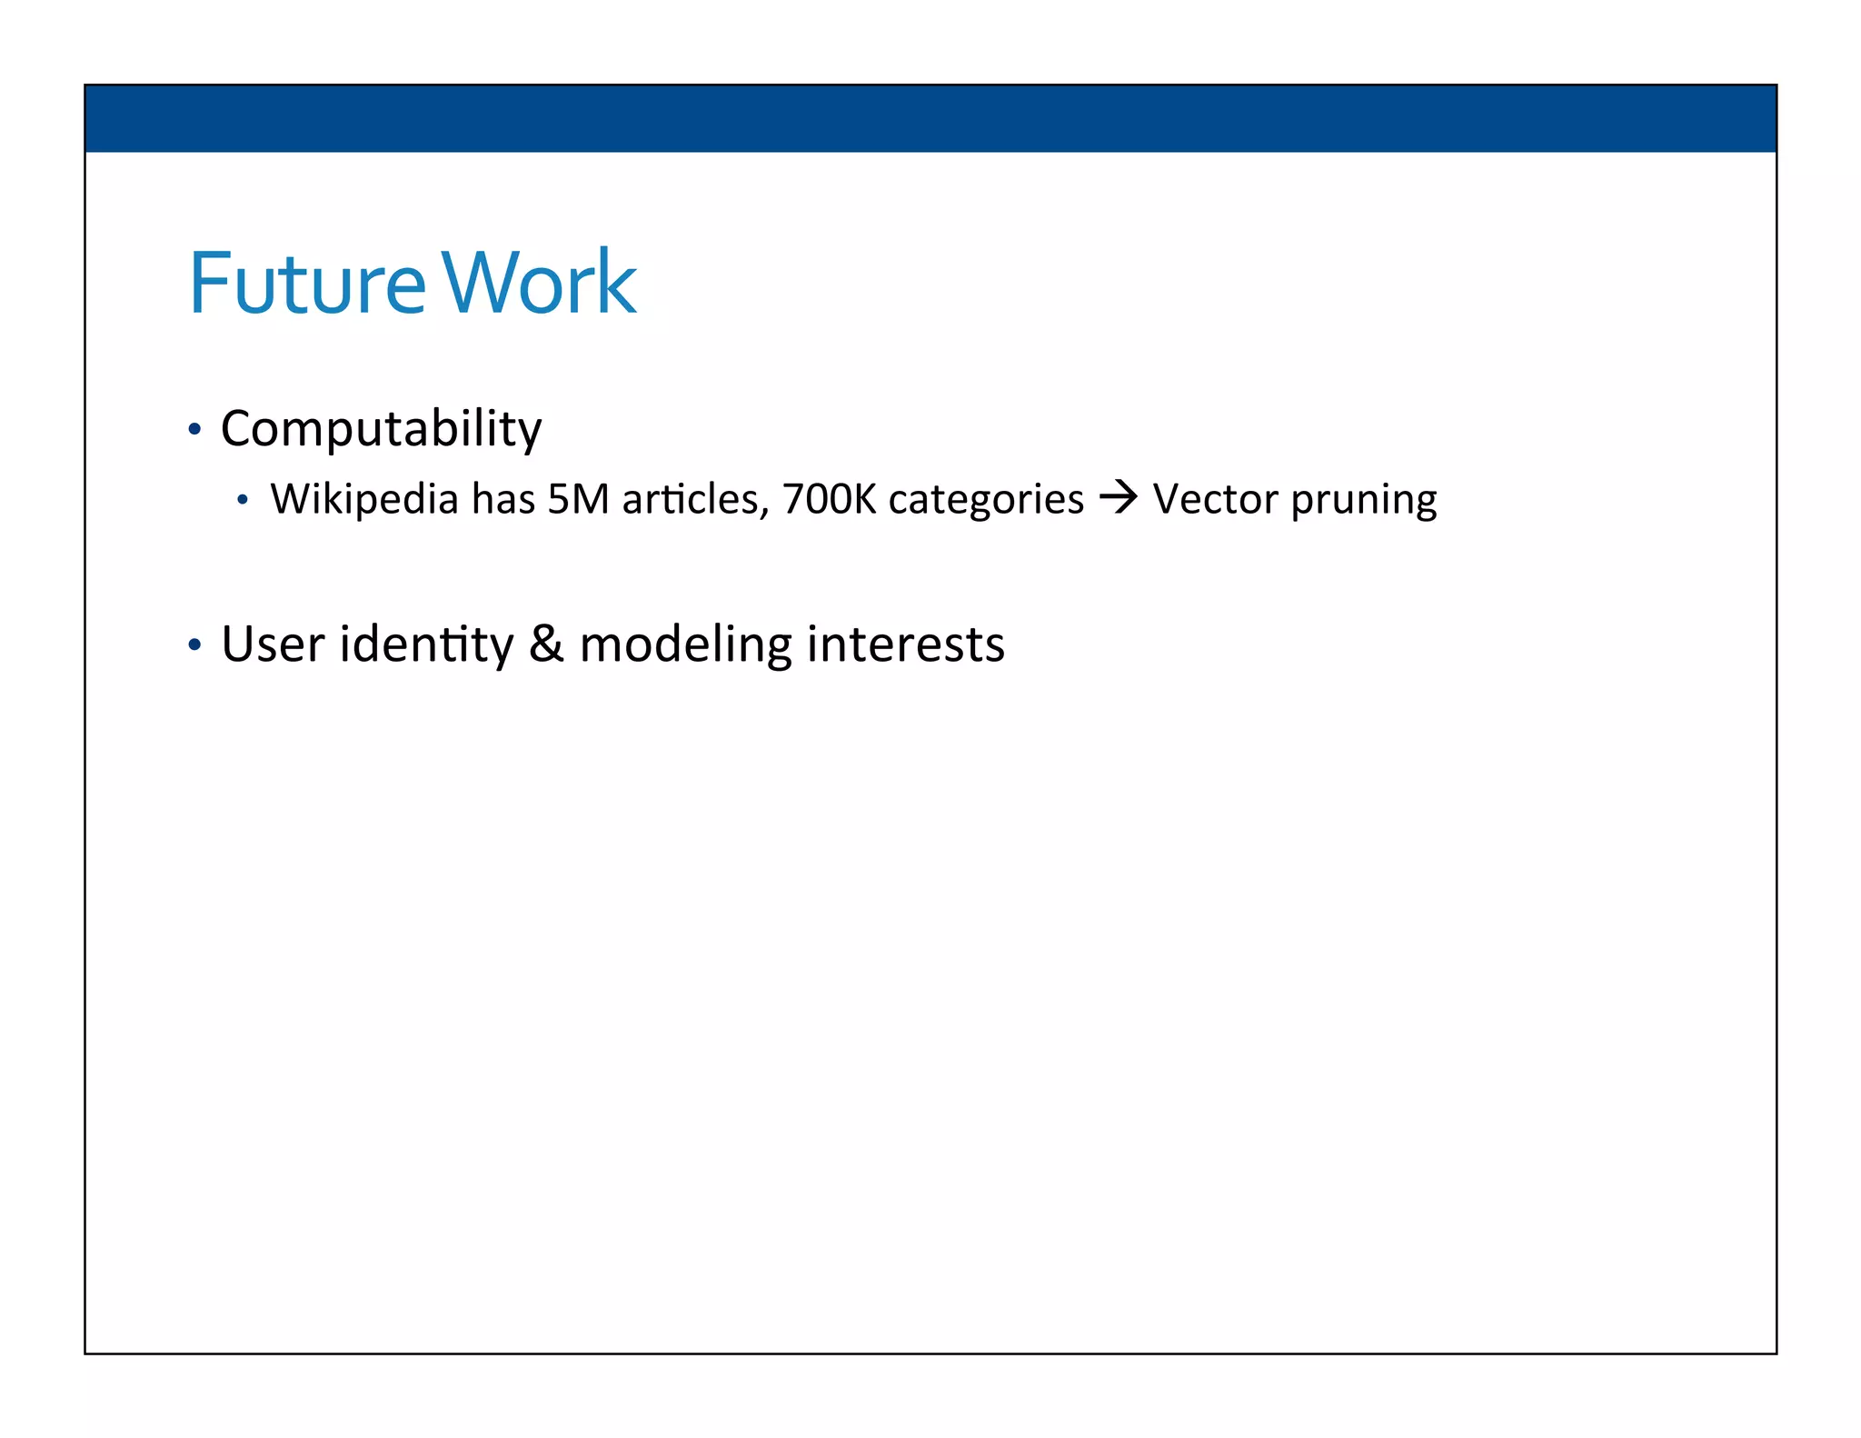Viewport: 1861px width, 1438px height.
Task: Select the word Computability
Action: click(x=381, y=429)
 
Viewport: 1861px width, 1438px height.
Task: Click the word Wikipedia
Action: click(x=364, y=499)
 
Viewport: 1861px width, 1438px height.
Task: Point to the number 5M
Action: click(x=578, y=499)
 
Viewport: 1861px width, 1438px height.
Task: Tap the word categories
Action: click(x=986, y=499)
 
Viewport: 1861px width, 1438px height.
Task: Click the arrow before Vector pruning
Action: click(x=1118, y=497)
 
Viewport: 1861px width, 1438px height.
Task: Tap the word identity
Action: click(x=426, y=645)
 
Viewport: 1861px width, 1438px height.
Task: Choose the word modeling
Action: click(x=685, y=645)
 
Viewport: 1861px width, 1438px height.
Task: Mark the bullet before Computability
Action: click(x=194, y=429)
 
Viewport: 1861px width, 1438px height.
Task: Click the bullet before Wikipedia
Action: click(x=242, y=500)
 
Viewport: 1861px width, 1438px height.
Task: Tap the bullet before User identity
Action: click(x=194, y=644)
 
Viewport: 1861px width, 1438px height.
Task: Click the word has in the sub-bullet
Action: click(x=503, y=499)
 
